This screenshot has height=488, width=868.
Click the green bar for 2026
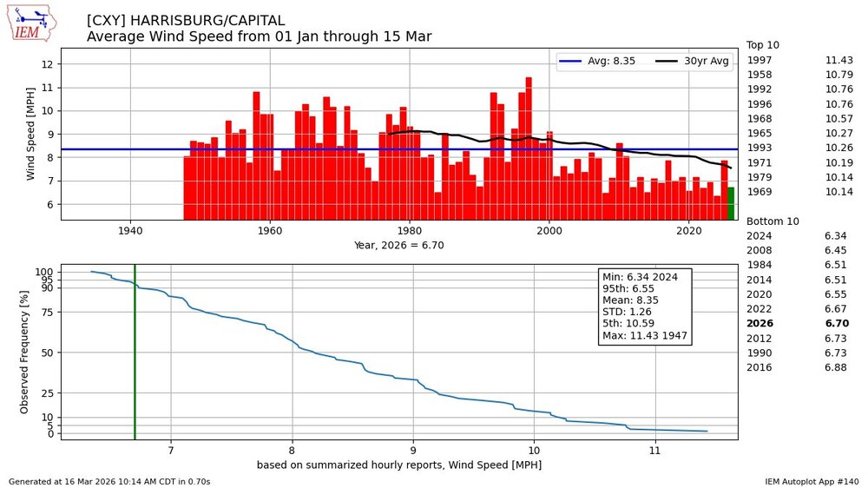click(731, 203)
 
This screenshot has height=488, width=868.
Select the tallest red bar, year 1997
click(529, 148)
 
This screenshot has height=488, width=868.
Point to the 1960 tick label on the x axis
click(270, 231)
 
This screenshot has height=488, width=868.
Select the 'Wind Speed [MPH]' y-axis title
click(31, 134)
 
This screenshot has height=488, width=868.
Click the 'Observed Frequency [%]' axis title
click(23, 352)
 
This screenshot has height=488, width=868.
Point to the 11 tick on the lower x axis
click(654, 451)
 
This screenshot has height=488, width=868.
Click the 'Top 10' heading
click(765, 45)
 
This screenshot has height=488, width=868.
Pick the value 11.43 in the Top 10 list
click(838, 60)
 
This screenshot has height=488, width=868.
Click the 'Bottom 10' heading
click(773, 221)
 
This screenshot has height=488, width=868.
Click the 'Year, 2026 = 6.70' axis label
click(398, 245)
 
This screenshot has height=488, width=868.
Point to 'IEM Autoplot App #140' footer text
click(812, 481)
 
